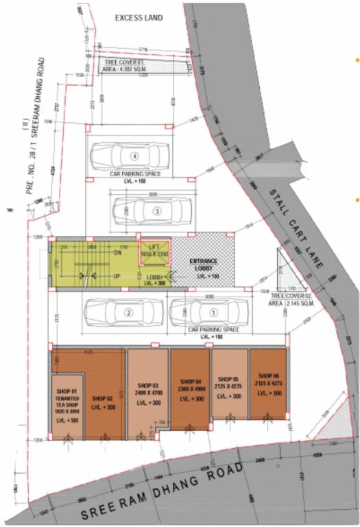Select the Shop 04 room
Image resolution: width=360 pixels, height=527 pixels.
[190, 388]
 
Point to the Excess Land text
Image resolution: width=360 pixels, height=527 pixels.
[139, 17]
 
